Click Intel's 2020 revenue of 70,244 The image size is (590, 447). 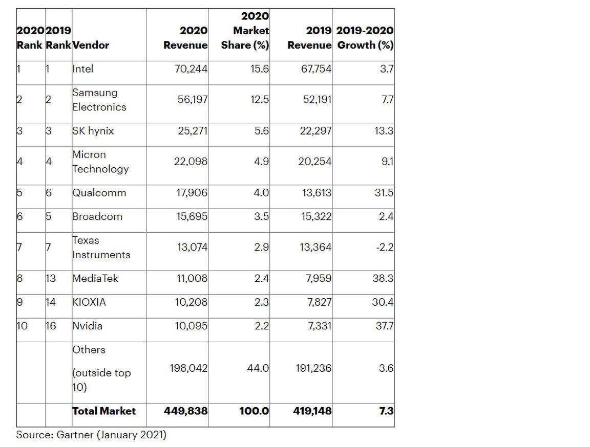pyautogui.click(x=192, y=69)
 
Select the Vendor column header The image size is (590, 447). pyautogui.click(x=91, y=45)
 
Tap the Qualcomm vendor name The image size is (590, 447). pyautogui.click(x=99, y=193)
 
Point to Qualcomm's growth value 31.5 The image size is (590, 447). pyautogui.click(x=383, y=193)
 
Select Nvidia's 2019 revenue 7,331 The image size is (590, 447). pyautogui.click(x=319, y=326)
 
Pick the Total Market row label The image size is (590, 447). pyautogui.click(x=104, y=411)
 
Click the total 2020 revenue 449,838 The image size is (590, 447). pyautogui.click(x=185, y=411)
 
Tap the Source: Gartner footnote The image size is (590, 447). pyautogui.click(x=91, y=435)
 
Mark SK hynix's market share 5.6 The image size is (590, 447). pyautogui.click(x=262, y=131)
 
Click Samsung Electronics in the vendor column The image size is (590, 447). pyautogui.click(x=99, y=100)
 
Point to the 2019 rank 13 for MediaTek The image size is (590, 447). pyautogui.click(x=51, y=278)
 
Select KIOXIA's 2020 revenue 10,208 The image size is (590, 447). pyautogui.click(x=192, y=302)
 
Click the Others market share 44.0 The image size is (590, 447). pyautogui.click(x=258, y=368)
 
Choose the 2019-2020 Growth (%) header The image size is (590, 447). pyautogui.click(x=365, y=38)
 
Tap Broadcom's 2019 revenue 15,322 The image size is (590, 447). pyautogui.click(x=315, y=216)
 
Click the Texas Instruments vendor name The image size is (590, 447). pyautogui.click(x=101, y=247)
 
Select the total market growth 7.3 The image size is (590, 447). pyautogui.click(x=386, y=411)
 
